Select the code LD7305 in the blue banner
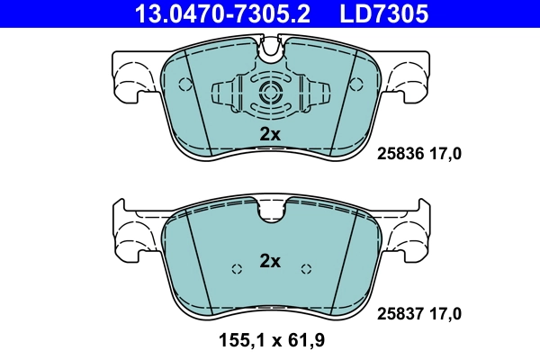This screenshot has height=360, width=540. tap(382, 13)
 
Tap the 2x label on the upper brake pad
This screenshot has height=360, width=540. tap(270, 133)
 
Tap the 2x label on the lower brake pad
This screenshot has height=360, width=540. tap(270, 261)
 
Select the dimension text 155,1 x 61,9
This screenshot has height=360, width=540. tap(270, 343)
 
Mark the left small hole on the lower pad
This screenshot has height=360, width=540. tap(237, 269)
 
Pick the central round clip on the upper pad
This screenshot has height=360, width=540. tap(270, 93)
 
